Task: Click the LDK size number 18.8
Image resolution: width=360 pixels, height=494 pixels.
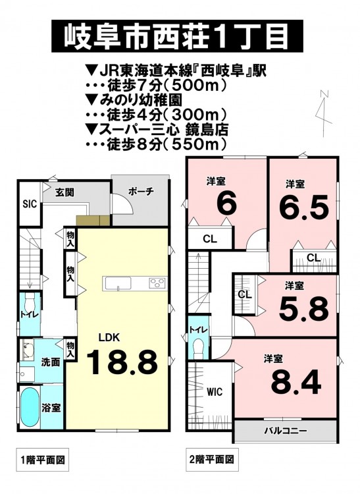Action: [x=122, y=363]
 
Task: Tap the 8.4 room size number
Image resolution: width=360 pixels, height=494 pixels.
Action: [x=296, y=383]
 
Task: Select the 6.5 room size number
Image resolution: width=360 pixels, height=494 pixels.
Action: [x=304, y=207]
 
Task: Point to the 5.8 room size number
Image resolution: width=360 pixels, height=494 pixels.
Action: [x=303, y=310]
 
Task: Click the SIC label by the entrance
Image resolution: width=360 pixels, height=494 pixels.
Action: [x=30, y=204]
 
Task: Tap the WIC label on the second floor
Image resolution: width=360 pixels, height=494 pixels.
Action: [x=215, y=392]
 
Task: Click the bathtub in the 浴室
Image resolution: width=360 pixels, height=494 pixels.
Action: [x=30, y=407]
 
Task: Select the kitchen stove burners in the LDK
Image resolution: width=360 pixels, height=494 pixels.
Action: [x=157, y=283]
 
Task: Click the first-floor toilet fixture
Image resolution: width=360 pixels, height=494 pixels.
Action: [x=29, y=304]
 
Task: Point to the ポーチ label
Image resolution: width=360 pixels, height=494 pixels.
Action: [x=141, y=192]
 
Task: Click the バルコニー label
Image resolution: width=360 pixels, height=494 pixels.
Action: [x=285, y=431]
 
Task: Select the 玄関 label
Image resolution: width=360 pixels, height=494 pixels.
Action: [x=64, y=192]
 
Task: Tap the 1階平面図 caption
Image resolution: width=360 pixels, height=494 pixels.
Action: [x=43, y=460]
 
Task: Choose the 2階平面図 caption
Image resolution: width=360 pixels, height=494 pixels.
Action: [x=212, y=459]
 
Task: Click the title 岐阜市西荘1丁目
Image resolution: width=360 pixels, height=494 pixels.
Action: [x=176, y=36]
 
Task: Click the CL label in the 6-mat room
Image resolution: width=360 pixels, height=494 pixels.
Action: [x=210, y=239]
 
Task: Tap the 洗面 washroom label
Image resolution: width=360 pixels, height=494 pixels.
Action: [x=51, y=362]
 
